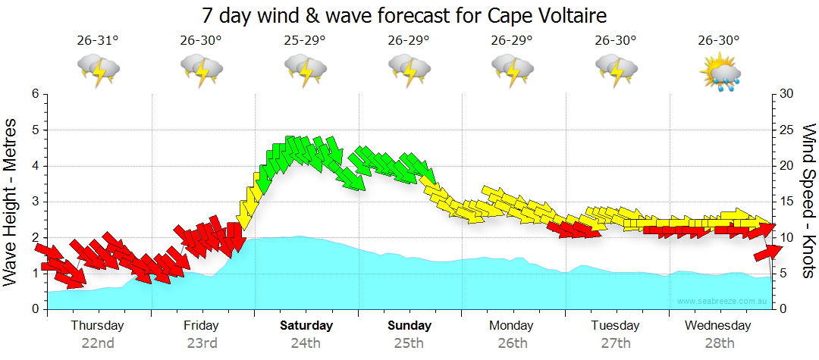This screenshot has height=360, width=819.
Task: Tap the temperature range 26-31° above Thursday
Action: [x=98, y=41]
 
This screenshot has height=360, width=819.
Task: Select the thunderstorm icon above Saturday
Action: [x=305, y=70]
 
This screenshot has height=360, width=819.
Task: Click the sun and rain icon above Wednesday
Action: [x=719, y=70]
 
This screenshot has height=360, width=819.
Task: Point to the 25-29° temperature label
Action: [x=305, y=41]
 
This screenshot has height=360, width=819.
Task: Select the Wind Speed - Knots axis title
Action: [x=808, y=202]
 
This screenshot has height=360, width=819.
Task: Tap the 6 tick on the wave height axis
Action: [x=35, y=94]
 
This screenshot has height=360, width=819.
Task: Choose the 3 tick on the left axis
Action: [x=35, y=202]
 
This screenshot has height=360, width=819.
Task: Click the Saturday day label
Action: [x=306, y=326]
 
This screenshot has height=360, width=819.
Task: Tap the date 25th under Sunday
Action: [x=409, y=343]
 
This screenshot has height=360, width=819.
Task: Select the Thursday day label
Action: [x=97, y=326]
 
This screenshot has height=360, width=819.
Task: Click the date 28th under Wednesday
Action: [x=720, y=343]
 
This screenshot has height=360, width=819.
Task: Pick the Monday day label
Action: [x=512, y=326]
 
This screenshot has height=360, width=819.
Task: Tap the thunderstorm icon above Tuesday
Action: [x=615, y=70]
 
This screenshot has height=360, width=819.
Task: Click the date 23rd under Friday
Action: [x=202, y=343]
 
